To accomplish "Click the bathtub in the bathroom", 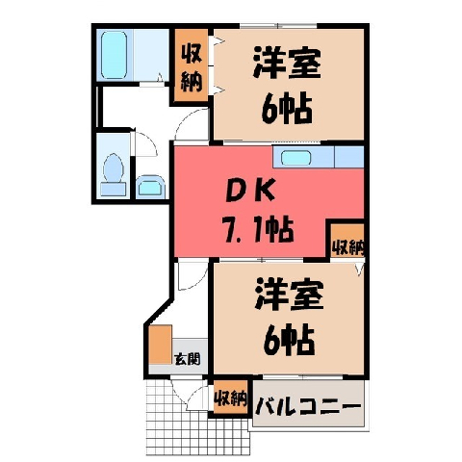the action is click(114, 55).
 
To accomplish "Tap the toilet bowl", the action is click(114, 167).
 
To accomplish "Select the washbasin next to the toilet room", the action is click(150, 187).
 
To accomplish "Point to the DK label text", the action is click(250, 192).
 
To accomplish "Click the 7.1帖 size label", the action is click(259, 230).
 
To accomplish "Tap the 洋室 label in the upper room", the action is click(287, 63).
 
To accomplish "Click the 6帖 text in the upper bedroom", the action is click(287, 109).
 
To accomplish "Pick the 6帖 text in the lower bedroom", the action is click(289, 340).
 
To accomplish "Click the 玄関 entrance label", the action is click(188, 359).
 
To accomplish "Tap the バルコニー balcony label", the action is click(308, 406).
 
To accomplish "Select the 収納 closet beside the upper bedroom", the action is click(192, 65).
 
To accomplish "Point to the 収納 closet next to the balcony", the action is click(231, 398).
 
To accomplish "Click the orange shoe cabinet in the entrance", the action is click(161, 345).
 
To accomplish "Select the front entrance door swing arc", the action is click(189, 394).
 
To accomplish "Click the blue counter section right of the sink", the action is click(349, 157).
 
